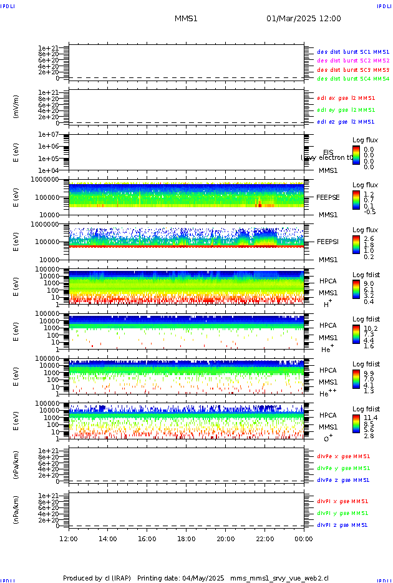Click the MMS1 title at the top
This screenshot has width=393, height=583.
click(186, 19)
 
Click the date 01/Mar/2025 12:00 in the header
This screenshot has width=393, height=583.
click(303, 19)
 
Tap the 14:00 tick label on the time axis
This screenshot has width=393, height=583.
click(108, 538)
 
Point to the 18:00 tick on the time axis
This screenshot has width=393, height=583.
click(187, 538)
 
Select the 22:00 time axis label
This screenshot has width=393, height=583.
click(264, 538)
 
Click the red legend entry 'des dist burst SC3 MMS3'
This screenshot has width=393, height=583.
click(353, 70)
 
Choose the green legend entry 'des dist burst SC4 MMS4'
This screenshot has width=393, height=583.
click(353, 79)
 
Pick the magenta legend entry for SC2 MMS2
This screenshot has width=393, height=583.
click(353, 61)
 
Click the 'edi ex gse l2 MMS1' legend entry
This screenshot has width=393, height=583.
click(346, 98)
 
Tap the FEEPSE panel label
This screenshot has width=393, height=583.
click(328, 197)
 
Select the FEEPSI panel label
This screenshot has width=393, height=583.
click(328, 242)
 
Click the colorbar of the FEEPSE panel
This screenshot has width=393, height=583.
click(356, 200)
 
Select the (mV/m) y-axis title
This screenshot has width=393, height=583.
click(16, 107)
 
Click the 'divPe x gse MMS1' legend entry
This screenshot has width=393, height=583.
click(344, 456)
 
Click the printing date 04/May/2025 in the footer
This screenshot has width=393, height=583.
click(206, 578)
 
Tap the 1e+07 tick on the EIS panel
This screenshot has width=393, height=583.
click(47, 134)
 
